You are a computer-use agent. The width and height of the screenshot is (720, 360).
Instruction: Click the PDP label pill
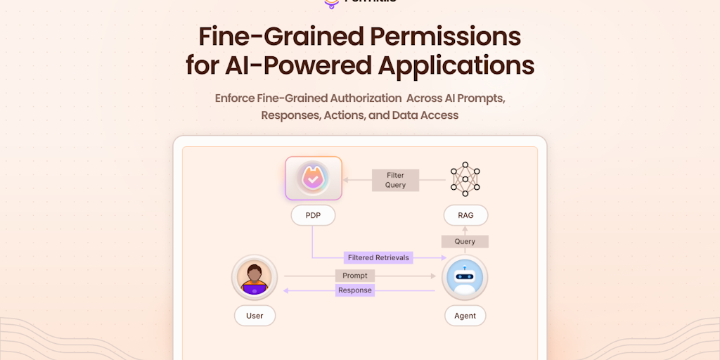pyautogui.click(x=313, y=215)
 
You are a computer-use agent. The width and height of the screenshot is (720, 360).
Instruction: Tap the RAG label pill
pyautogui.click(x=465, y=215)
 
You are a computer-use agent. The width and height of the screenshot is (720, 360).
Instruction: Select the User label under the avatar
pyautogui.click(x=255, y=316)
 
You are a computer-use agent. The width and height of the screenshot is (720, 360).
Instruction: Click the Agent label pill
pyautogui.click(x=465, y=316)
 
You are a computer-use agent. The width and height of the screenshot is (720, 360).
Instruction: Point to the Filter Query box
pyautogui.click(x=395, y=180)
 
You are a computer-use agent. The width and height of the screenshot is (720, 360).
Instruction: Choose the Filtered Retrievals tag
pyautogui.click(x=378, y=257)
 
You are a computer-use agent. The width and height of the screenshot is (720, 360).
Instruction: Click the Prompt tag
pyautogui.click(x=355, y=276)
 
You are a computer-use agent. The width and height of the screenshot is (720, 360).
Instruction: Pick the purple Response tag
pyautogui.click(x=355, y=290)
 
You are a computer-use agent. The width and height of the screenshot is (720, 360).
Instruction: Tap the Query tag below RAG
pyautogui.click(x=465, y=241)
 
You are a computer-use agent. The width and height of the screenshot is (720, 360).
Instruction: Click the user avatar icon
pyautogui.click(x=255, y=278)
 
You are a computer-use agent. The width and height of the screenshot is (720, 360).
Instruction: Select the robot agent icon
pyautogui.click(x=465, y=278)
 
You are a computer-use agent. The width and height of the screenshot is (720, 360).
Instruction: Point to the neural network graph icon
pyautogui.click(x=465, y=179)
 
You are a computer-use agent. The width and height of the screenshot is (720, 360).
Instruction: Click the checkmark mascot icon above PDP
pyautogui.click(x=314, y=178)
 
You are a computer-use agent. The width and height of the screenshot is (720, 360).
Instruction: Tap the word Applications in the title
pyautogui.click(x=456, y=65)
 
